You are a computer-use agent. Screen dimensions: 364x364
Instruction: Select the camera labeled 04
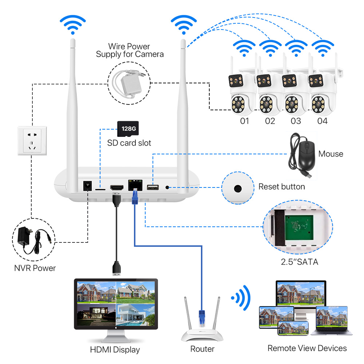click(x=321, y=95)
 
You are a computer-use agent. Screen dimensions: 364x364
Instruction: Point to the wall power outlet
click(x=32, y=140)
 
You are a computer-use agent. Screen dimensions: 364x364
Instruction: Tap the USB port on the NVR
click(x=153, y=187)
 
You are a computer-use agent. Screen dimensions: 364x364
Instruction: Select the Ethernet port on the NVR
click(x=135, y=185)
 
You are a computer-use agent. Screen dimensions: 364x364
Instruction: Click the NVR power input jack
click(x=87, y=186)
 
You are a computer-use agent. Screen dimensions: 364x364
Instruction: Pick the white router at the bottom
click(x=202, y=328)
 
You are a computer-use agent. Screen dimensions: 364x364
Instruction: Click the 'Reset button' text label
click(x=281, y=187)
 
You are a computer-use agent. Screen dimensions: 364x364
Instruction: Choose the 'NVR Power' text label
click(x=35, y=268)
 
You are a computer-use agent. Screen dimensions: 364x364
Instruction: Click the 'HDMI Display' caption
click(x=115, y=350)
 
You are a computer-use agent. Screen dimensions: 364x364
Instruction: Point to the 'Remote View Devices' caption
click(x=307, y=348)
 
